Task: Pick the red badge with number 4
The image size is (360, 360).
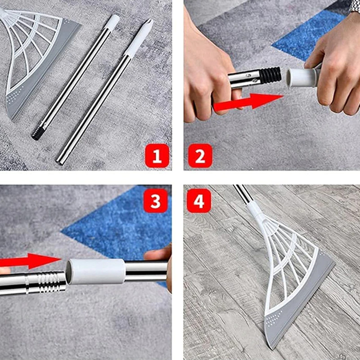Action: tap(199, 200)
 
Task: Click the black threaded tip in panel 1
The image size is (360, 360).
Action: tap(37, 133)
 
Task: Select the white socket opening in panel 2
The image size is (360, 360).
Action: tap(292, 77)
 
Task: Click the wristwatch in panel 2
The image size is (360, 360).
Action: tap(355, 5)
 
